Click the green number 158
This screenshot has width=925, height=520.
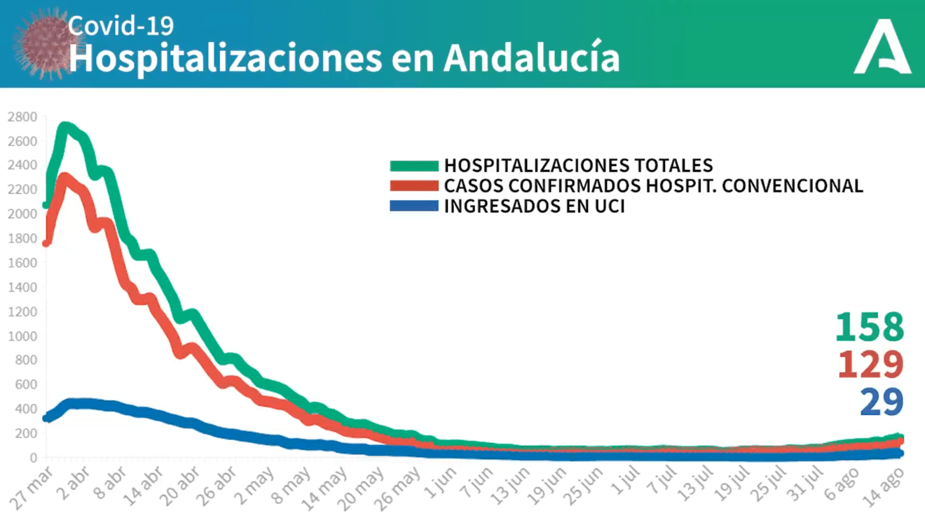point(870,327)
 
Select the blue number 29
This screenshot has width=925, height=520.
point(882,402)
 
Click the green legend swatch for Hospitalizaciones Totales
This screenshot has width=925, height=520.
point(414,166)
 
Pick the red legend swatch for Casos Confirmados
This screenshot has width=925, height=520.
point(414,186)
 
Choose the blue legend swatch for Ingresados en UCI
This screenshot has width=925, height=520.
point(414,206)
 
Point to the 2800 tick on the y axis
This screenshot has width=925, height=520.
point(22,117)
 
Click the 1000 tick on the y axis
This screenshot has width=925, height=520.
point(22,336)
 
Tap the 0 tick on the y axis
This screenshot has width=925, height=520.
point(33,458)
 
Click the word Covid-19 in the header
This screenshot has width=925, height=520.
point(121,26)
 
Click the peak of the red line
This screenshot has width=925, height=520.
point(64,179)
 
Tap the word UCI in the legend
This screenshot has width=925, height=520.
point(603,206)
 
